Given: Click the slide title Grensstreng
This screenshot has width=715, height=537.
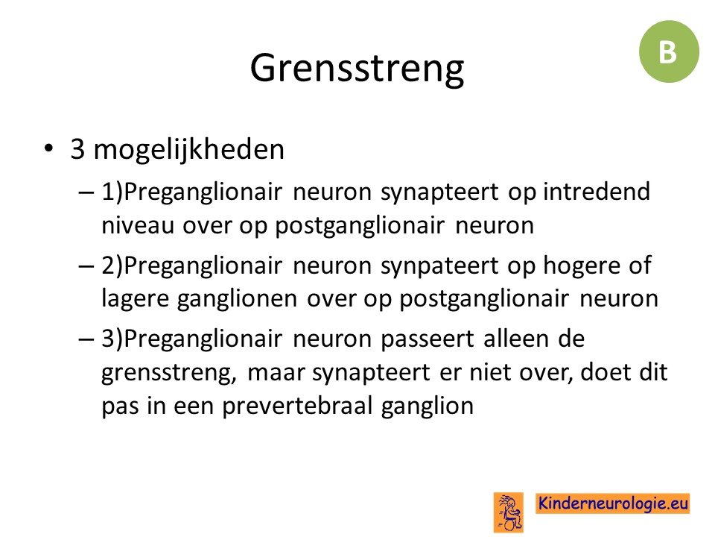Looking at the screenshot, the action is tap(357, 69).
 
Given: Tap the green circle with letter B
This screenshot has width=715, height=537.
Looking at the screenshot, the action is tap(669, 51).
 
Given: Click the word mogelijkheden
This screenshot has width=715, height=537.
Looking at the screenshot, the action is tap(188, 149).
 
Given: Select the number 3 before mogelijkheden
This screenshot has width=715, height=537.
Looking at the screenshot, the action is tap(77, 149).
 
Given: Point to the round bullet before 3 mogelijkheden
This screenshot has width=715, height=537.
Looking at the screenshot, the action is tap(49, 149).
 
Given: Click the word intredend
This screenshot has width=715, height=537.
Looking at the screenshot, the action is tap(597, 191).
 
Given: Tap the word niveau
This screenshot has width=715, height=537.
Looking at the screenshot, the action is tap(138, 225).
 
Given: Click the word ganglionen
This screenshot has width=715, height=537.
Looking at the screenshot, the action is tap(237, 300).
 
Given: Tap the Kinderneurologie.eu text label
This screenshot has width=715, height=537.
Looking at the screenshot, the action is tap(612, 503).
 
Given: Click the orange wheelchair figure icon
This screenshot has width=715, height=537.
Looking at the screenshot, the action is tap(509, 512).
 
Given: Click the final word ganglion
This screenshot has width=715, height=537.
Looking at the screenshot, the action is tap(428, 406).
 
